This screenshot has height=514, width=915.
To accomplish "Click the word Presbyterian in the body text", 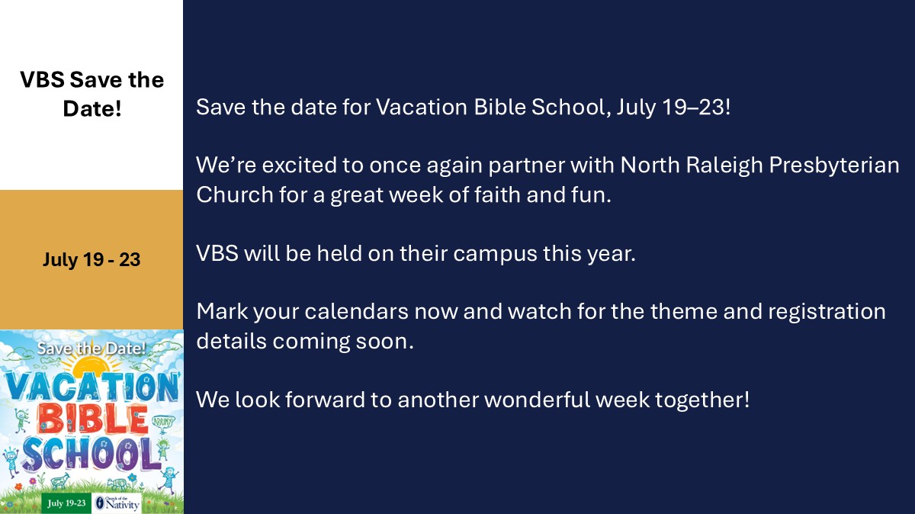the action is (834, 165).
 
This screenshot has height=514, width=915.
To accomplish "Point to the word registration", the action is (827, 311).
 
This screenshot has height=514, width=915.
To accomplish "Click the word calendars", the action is (356, 311).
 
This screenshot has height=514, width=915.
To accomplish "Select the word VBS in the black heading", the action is (42, 79).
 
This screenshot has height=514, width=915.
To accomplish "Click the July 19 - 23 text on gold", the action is (91, 259).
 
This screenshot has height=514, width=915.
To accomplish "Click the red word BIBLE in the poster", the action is (92, 420).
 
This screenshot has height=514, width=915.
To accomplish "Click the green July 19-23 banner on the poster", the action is (66, 503).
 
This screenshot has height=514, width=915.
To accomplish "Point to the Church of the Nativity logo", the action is (117, 503).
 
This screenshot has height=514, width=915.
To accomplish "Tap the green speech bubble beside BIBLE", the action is (163, 422).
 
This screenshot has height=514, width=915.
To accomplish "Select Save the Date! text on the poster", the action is (91, 348).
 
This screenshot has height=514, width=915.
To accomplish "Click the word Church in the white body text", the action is (235, 194).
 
